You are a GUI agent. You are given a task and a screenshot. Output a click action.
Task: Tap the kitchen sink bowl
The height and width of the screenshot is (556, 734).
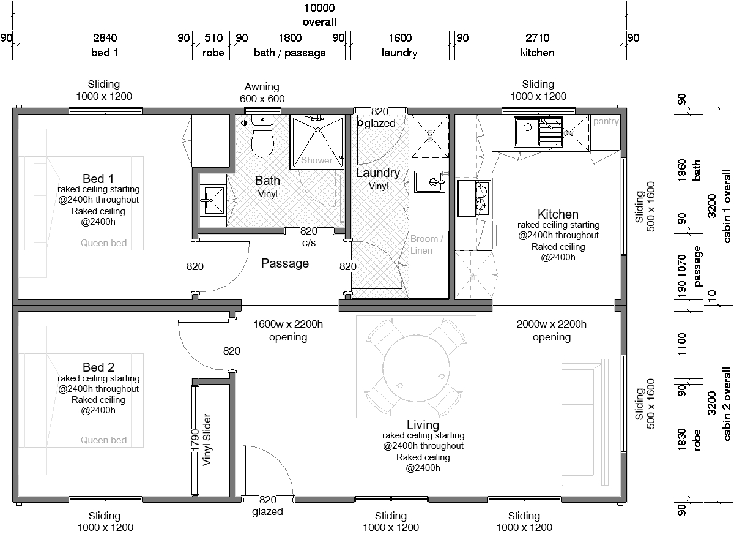click(527, 132)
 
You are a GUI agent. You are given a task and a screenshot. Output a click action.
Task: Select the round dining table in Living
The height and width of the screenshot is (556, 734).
click(416, 368)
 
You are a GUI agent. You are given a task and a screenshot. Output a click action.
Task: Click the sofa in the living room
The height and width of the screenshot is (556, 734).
click(585, 422)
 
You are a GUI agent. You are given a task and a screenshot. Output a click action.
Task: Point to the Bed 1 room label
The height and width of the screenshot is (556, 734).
click(98, 178)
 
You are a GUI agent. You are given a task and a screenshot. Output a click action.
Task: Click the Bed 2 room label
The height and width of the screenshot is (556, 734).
click(98, 367)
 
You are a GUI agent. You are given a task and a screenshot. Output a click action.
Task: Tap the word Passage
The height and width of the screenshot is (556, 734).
click(285, 263)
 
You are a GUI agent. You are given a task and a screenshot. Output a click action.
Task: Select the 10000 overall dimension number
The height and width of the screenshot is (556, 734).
click(319, 7)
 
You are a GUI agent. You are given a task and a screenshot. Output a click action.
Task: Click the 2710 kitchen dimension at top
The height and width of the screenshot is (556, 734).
click(538, 37)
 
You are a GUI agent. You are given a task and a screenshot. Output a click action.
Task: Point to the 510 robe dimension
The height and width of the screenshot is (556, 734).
click(213, 37)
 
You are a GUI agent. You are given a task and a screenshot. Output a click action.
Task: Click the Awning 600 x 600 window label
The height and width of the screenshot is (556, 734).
click(262, 92)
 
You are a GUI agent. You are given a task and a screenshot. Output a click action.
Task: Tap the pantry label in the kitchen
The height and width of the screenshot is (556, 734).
click(606, 121)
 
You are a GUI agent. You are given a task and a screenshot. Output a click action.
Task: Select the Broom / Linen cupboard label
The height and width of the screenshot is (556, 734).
click(426, 244)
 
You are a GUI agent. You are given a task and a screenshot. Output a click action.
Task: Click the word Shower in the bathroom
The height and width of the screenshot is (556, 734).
click(316, 160)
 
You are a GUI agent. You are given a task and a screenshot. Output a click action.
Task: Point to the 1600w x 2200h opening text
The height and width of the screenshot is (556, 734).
click(288, 331)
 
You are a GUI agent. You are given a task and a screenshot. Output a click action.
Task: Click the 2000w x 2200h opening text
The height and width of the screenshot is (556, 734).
click(552, 331)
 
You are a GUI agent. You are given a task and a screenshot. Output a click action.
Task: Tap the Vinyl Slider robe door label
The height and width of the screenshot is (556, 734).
click(207, 440)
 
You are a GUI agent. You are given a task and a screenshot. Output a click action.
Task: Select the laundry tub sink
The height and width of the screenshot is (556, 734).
click(430, 182)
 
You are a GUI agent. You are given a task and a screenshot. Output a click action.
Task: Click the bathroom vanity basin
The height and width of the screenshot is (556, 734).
click(213, 200)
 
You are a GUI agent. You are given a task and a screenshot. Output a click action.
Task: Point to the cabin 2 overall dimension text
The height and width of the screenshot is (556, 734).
click(726, 404)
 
